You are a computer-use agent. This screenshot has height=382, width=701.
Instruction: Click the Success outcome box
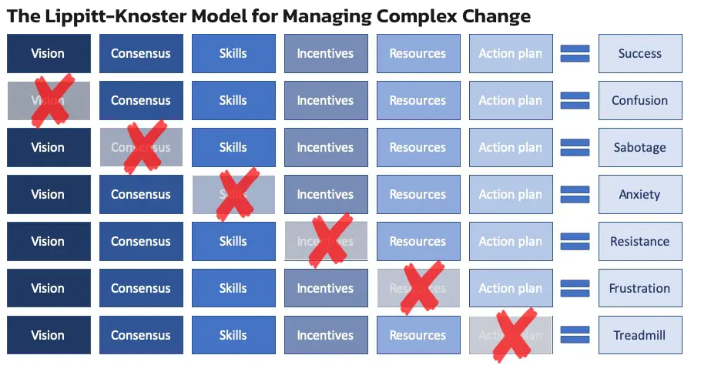[x=639, y=54]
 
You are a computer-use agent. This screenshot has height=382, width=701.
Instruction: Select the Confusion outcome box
[x=639, y=101]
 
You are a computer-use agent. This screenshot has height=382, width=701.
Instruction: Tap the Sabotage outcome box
[x=639, y=148]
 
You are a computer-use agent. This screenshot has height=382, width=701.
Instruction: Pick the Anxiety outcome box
[x=639, y=195]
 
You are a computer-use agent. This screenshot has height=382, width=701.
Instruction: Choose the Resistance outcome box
[x=639, y=242]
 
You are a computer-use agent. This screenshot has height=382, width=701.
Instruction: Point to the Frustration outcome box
[x=639, y=289]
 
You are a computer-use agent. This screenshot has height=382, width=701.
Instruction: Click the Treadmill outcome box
[x=639, y=336]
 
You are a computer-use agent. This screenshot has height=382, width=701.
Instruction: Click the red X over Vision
[x=49, y=100]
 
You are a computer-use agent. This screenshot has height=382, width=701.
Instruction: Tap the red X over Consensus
[x=143, y=146]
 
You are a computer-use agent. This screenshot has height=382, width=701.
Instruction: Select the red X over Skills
[x=235, y=194]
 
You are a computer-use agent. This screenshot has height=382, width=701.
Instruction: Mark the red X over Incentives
[x=327, y=240]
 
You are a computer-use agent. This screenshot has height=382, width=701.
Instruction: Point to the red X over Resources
[x=421, y=287]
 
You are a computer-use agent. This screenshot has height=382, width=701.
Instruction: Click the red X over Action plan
[x=514, y=334]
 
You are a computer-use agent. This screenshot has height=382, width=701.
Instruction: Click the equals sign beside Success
[x=575, y=54]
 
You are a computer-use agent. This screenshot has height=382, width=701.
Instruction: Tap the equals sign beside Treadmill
[x=575, y=336]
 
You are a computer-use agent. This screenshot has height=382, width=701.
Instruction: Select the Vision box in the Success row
[x=48, y=54]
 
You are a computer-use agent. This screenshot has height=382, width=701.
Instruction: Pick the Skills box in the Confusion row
[x=233, y=101]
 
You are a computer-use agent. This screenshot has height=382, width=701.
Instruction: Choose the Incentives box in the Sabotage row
[x=325, y=148]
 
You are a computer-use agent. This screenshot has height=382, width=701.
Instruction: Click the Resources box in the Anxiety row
[x=418, y=195]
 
